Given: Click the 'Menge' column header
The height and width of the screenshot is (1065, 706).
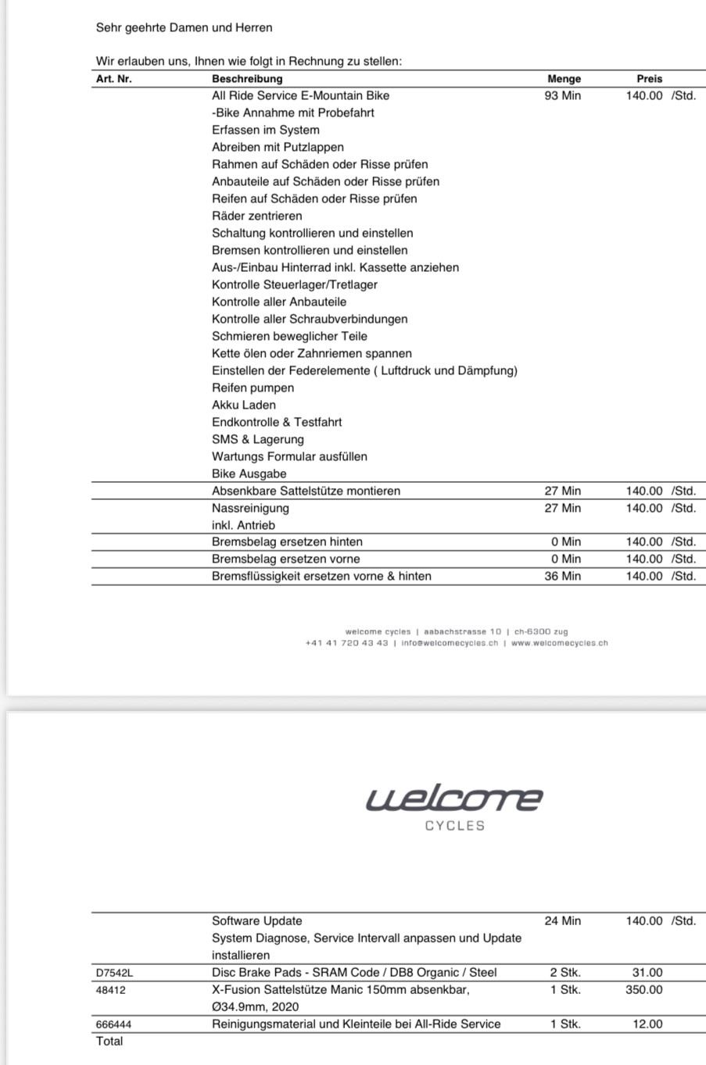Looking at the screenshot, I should click(564, 79).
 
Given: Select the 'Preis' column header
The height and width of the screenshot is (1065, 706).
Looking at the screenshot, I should click(649, 79).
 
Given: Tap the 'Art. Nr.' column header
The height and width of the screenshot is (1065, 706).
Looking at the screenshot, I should click(113, 79).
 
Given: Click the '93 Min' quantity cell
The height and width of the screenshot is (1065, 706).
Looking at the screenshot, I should click(562, 95).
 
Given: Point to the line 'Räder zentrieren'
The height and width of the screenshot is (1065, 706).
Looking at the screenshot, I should click(256, 216).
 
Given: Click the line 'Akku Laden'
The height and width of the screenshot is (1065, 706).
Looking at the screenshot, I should click(243, 405).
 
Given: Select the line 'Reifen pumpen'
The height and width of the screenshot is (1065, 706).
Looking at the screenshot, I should click(253, 388).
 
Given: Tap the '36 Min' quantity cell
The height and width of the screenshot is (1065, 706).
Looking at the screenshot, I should click(562, 576).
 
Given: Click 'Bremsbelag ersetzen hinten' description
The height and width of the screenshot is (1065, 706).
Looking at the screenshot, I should click(287, 541).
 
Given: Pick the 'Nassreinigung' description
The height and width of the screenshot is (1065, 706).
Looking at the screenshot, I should click(250, 508).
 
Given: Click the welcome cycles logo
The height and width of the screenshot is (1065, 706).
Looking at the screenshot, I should click(454, 808).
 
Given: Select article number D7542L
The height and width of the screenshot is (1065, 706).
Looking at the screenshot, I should click(114, 973).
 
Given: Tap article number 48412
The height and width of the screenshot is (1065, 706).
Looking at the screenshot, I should click(110, 990).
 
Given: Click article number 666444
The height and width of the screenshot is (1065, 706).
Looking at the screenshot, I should click(113, 1024).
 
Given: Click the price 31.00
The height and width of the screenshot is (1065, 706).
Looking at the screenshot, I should click(647, 973).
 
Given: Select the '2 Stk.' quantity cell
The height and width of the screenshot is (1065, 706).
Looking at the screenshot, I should click(564, 973).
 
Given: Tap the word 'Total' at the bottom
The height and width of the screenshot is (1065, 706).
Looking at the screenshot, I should click(109, 1042).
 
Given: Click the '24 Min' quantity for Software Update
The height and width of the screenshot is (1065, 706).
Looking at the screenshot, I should click(562, 921).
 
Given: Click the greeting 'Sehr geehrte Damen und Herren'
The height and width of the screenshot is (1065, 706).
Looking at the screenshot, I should click(184, 28).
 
